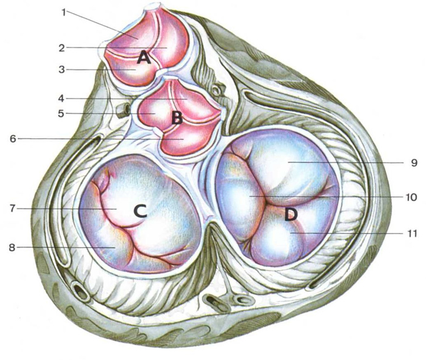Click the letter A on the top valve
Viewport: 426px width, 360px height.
(x=144, y=58)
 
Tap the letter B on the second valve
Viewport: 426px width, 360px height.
(x=177, y=119)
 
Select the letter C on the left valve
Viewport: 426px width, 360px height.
(x=140, y=211)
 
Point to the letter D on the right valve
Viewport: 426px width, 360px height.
(x=291, y=215)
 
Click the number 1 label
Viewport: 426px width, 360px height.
(x=64, y=13)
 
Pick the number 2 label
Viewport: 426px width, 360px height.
(x=62, y=48)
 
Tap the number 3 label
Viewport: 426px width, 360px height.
(x=62, y=70)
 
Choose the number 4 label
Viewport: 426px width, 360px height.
(x=61, y=99)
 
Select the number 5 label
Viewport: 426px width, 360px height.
(x=61, y=113)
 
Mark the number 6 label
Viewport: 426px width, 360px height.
(x=13, y=139)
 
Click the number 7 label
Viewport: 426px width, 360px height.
(x=13, y=209)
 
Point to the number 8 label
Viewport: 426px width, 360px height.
(x=12, y=247)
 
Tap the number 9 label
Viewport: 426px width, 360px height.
(x=414, y=162)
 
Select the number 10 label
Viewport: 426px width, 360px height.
(x=411, y=197)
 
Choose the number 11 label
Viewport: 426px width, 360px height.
(x=411, y=234)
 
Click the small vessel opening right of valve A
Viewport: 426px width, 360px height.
(x=216, y=90)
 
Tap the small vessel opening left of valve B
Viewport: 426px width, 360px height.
(x=124, y=109)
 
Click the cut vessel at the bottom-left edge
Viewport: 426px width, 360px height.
(x=80, y=292)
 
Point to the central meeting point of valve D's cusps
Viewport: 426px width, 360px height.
(x=268, y=202)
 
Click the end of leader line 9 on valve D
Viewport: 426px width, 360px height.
(x=288, y=162)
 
